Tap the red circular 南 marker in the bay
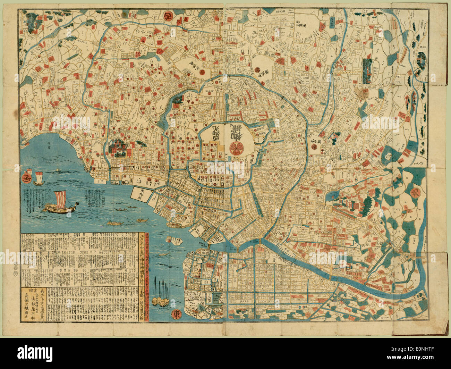point(25,180)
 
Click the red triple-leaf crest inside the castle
point(235,147)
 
